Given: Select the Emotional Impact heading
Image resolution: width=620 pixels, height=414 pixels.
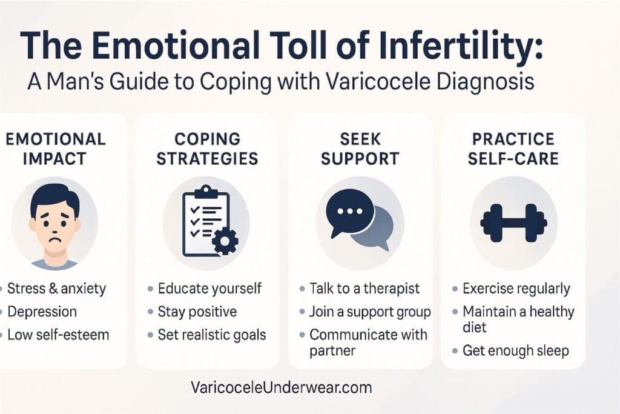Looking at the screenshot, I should pyautogui.click(x=55, y=149).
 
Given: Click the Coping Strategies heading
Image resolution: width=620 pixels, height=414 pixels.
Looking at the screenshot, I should pyautogui.click(x=207, y=149).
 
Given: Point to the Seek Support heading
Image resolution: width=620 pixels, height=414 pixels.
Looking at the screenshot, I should pyautogui.click(x=360, y=149).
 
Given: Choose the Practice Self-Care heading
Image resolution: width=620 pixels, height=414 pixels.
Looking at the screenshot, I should pyautogui.click(x=513, y=149).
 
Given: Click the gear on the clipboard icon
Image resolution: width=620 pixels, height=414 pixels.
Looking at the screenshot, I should pyautogui.click(x=225, y=241).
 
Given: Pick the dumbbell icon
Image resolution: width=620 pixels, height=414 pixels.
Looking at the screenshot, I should pyautogui.click(x=513, y=222).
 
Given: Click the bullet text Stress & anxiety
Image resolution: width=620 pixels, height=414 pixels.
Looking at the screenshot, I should pyautogui.click(x=58, y=289).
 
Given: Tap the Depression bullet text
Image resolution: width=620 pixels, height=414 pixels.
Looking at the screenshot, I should pyautogui.click(x=42, y=312).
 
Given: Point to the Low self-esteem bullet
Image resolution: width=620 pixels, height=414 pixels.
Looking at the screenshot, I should pyautogui.click(x=58, y=335).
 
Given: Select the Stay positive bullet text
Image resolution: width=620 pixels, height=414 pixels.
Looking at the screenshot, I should pyautogui.click(x=197, y=312).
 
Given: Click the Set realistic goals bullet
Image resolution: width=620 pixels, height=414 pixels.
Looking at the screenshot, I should pyautogui.click(x=211, y=335).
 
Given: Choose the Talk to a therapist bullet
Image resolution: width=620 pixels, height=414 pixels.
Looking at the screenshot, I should pyautogui.click(x=364, y=289).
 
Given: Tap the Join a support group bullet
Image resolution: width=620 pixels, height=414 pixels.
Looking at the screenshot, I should pyautogui.click(x=370, y=312).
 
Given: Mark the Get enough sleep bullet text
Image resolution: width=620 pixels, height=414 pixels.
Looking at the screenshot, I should pyautogui.click(x=516, y=351).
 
